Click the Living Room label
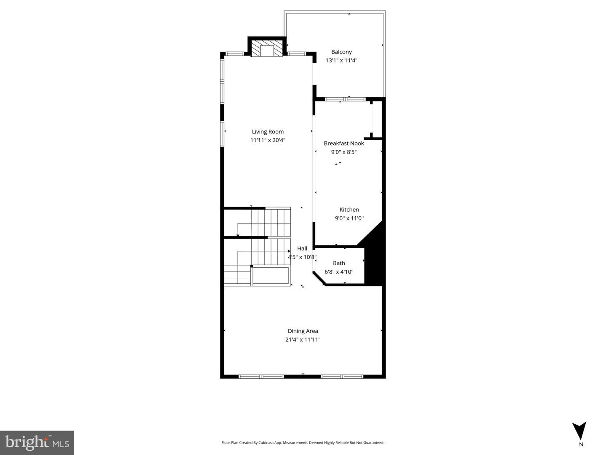[268, 132]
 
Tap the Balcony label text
[342, 52]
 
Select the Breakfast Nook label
[344, 143]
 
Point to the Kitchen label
[349, 210]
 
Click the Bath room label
[339, 263]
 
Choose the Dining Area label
[303, 331]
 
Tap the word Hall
[302, 248]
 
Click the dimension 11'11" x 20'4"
[268, 140]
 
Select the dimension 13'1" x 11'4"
[342, 61]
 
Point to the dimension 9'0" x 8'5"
[344, 152]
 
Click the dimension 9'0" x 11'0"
[349, 218]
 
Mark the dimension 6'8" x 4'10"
[339, 271]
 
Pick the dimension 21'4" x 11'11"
[303, 340]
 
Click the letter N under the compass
[581, 444]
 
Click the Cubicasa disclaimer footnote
[303, 442]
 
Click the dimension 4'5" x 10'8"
[302, 257]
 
